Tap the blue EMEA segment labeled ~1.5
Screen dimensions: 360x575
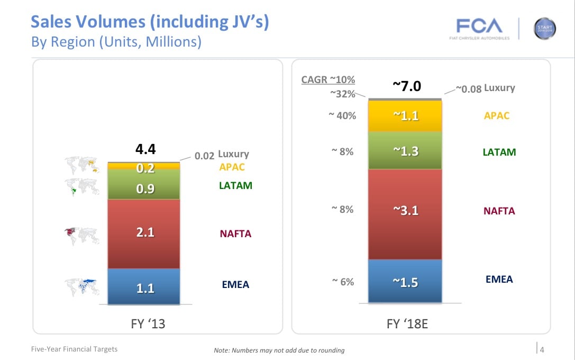(405, 282)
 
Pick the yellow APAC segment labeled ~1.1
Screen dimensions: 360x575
(405, 115)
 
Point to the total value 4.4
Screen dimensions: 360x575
(145, 150)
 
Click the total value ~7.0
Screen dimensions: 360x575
(406, 86)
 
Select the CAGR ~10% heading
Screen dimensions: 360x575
(328, 80)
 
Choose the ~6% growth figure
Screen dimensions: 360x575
(343, 282)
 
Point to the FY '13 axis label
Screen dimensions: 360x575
(148, 323)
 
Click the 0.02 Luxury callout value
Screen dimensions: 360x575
(204, 156)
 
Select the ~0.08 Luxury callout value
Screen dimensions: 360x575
(468, 89)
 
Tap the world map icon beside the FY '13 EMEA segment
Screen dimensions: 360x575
(83, 286)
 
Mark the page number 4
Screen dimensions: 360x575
(542, 348)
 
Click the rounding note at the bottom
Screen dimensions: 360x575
(279, 350)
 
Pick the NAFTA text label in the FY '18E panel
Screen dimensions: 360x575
(499, 211)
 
